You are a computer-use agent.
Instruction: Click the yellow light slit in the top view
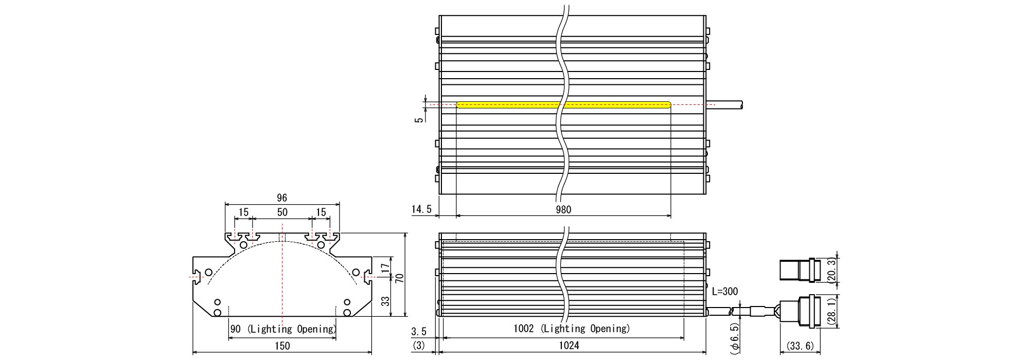pyautogui.click(x=564, y=105)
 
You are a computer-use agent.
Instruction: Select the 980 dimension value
pyautogui.click(x=563, y=209)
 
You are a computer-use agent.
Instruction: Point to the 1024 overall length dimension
pyautogui.click(x=569, y=346)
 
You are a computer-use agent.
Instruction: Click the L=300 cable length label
pyautogui.click(x=725, y=292)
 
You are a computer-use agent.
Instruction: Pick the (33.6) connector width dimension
pyautogui.click(x=797, y=346)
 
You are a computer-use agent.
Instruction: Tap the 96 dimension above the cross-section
pyautogui.click(x=281, y=197)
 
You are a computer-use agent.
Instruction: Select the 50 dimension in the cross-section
pyautogui.click(x=282, y=212)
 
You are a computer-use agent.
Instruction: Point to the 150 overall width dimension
pyautogui.click(x=282, y=346)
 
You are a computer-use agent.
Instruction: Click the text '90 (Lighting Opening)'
pyautogui.click(x=282, y=329)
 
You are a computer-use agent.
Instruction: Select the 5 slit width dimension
pyautogui.click(x=419, y=119)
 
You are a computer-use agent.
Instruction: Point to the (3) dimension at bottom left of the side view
pyautogui.click(x=419, y=346)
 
